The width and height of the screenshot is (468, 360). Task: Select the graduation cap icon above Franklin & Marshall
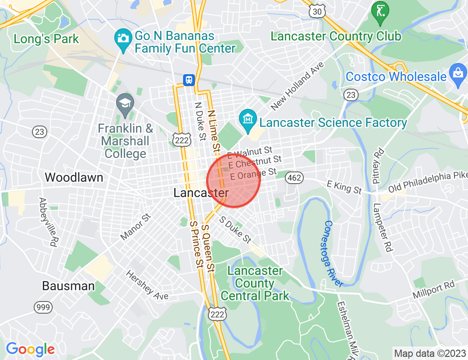click(125, 104)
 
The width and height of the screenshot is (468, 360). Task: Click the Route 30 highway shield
click(317, 12)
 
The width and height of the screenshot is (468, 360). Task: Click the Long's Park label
click(46, 39)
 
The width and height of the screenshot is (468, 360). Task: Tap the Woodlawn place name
click(74, 177)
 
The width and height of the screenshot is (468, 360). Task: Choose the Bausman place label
click(68, 286)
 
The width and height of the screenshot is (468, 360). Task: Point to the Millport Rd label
click(434, 290)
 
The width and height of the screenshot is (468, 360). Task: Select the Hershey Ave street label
click(147, 284)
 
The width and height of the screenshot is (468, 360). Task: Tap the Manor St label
click(135, 227)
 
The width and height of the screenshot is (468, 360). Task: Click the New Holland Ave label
click(297, 85)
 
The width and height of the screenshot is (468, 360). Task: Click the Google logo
click(30, 349)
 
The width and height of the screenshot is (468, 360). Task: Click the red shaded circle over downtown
click(234, 181)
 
